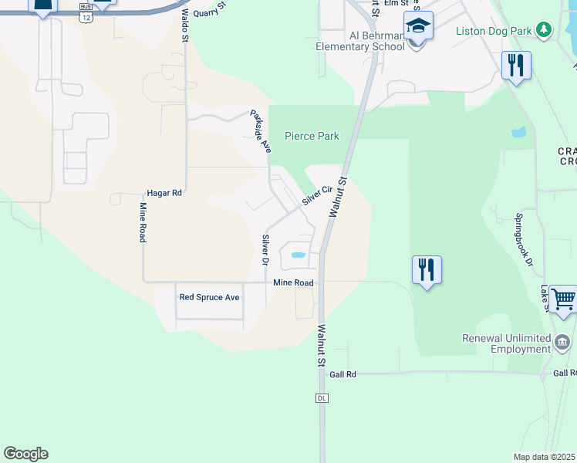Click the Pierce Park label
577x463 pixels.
pos(312,136)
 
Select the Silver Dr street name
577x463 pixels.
pos(265,251)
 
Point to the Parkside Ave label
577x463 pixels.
pos(260,131)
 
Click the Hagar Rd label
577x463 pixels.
pos(164,193)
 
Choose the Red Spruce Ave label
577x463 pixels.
pos(209,297)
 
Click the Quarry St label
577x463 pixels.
pos(211,9)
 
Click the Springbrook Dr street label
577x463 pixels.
pos(524,240)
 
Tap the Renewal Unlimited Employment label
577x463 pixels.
pos(505,344)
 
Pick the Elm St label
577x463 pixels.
pos(395,4)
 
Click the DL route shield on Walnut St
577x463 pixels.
pos(322,397)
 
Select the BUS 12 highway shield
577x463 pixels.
pos(86,15)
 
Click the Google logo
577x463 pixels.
pos(25,454)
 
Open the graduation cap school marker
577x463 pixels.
pos(417,27)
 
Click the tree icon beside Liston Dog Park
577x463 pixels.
pos(545,29)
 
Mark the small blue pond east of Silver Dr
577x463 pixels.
pos(298,255)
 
